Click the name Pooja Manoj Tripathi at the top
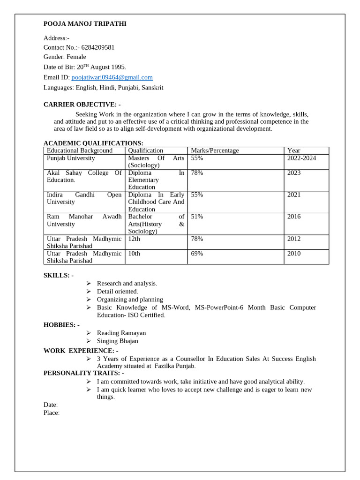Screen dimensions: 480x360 [x=84, y=24]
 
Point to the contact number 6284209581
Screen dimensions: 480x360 [x=98, y=47]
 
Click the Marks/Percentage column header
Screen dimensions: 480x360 [x=215, y=150]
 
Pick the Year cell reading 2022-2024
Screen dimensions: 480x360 [x=301, y=158]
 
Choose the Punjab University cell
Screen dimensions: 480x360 [x=71, y=158]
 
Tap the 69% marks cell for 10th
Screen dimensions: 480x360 [x=197, y=254]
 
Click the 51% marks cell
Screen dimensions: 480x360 [x=197, y=217]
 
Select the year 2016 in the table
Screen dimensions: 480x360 [x=294, y=217]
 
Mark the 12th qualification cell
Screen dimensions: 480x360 [x=134, y=239]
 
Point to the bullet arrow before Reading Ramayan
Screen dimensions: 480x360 [x=89, y=333]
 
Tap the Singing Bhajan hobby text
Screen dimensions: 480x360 [x=117, y=341]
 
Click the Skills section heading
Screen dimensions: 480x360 [x=58, y=275]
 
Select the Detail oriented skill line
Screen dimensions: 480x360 [x=117, y=292]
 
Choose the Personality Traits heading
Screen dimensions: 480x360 [x=83, y=373]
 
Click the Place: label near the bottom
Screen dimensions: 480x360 [x=52, y=413]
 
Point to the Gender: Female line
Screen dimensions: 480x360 [x=65, y=57]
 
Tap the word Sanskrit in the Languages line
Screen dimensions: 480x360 [x=151, y=88]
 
